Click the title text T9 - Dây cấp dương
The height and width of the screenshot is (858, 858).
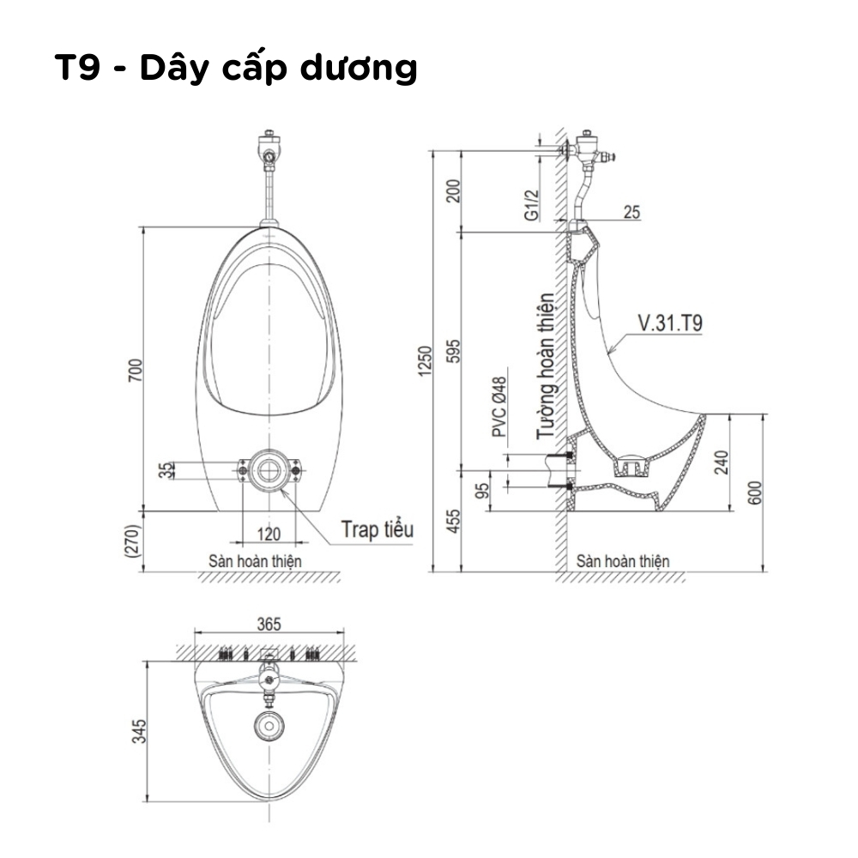click(x=235, y=68)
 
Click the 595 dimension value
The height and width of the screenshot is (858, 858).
click(x=456, y=352)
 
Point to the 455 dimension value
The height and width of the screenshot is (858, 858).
click(x=456, y=520)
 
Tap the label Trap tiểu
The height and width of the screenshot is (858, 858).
click(x=377, y=529)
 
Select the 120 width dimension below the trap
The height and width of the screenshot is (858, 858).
click(x=269, y=535)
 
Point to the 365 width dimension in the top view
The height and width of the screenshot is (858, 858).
click(x=269, y=625)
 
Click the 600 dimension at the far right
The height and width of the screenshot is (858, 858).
click(x=754, y=492)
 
